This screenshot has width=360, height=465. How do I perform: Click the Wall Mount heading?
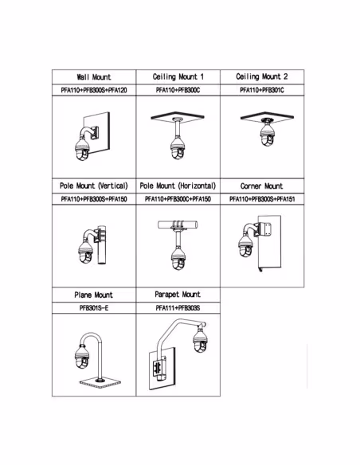[94, 77]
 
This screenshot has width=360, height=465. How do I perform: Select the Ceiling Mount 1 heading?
[178, 76]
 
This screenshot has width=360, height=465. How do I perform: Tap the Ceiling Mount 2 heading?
[262, 76]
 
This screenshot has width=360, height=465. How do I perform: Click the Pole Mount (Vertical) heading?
[94, 186]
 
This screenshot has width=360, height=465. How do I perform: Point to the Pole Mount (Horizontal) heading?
[178, 186]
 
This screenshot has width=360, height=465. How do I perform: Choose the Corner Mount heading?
[261, 186]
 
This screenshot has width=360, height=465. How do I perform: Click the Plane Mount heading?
[94, 295]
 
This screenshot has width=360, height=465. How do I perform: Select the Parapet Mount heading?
[178, 295]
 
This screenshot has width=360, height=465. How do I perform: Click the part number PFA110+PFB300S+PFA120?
[94, 90]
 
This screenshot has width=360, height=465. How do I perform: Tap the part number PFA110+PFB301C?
[262, 90]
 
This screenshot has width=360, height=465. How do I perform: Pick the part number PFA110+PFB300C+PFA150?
[178, 199]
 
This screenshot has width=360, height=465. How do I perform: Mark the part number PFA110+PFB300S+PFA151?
[262, 199]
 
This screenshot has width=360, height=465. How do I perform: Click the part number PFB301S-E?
[94, 308]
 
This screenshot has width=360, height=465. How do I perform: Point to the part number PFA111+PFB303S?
[178, 308]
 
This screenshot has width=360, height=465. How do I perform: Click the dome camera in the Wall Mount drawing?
[82, 149]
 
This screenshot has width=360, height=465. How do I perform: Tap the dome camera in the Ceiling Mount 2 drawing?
[267, 135]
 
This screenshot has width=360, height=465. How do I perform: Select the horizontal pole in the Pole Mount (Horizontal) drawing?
[178, 225]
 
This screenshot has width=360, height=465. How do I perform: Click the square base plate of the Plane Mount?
[101, 383]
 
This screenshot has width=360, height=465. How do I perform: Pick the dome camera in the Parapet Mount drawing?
[200, 341]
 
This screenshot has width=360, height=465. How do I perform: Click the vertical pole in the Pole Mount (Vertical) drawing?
[102, 245]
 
